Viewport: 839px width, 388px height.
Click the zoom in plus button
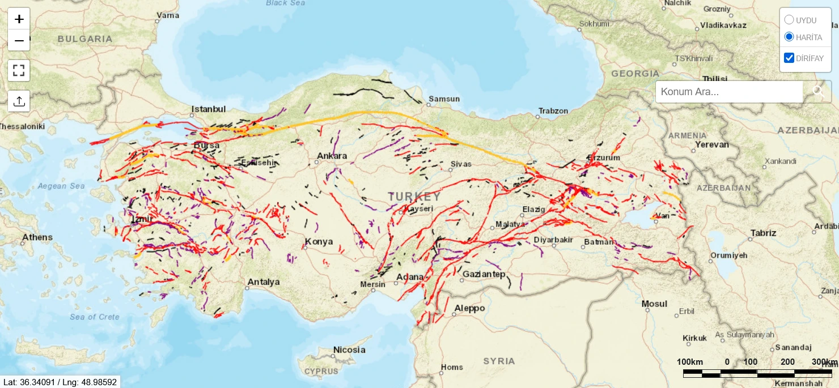[x=19, y=19]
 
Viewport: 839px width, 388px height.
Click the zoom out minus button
[x=19, y=41]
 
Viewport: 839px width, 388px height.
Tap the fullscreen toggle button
[x=19, y=71]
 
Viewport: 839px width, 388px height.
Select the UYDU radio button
[x=789, y=20]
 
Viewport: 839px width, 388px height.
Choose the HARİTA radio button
[x=789, y=37]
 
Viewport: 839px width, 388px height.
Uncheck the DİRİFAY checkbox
[x=789, y=58]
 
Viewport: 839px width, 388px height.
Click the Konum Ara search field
[x=729, y=92]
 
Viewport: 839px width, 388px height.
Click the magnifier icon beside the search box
[x=818, y=91]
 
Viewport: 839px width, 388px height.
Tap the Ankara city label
[x=332, y=156]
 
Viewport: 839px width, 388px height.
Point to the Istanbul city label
[x=209, y=109]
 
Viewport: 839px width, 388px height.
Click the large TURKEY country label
[x=414, y=197]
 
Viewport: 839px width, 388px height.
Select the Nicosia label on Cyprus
[x=349, y=349]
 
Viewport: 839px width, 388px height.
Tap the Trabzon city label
[x=553, y=111]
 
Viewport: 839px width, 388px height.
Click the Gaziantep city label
[x=484, y=274]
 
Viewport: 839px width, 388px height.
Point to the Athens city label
[x=37, y=237]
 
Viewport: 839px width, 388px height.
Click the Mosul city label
[x=654, y=304]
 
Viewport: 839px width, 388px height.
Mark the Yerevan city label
[x=711, y=144]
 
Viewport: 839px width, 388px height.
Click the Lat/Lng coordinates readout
[x=60, y=382]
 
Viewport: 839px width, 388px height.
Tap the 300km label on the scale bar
[x=824, y=362]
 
